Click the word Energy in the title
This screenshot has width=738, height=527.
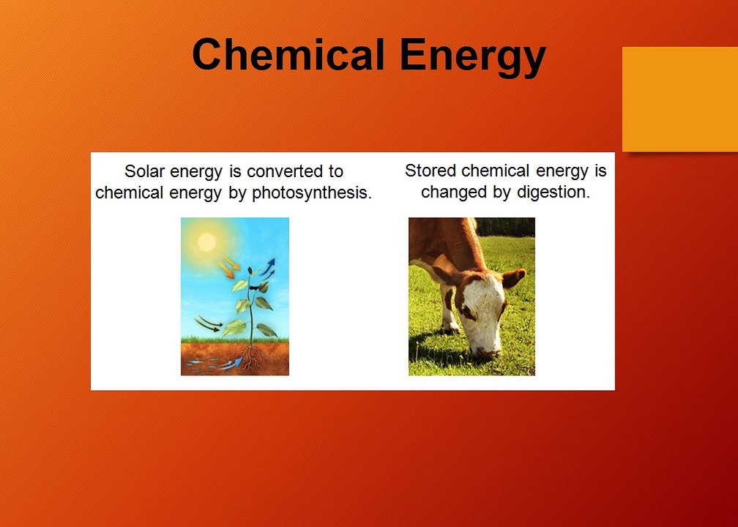coord(472,57)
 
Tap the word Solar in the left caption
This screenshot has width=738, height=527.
coord(144,171)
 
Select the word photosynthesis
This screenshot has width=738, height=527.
coord(312,193)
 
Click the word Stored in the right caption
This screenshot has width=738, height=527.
coord(430,171)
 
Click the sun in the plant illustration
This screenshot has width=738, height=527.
coord(206,242)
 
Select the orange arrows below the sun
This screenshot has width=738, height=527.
coord(228,266)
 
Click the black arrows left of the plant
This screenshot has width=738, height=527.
coord(209,324)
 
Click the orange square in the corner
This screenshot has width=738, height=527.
coord(680,99)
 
